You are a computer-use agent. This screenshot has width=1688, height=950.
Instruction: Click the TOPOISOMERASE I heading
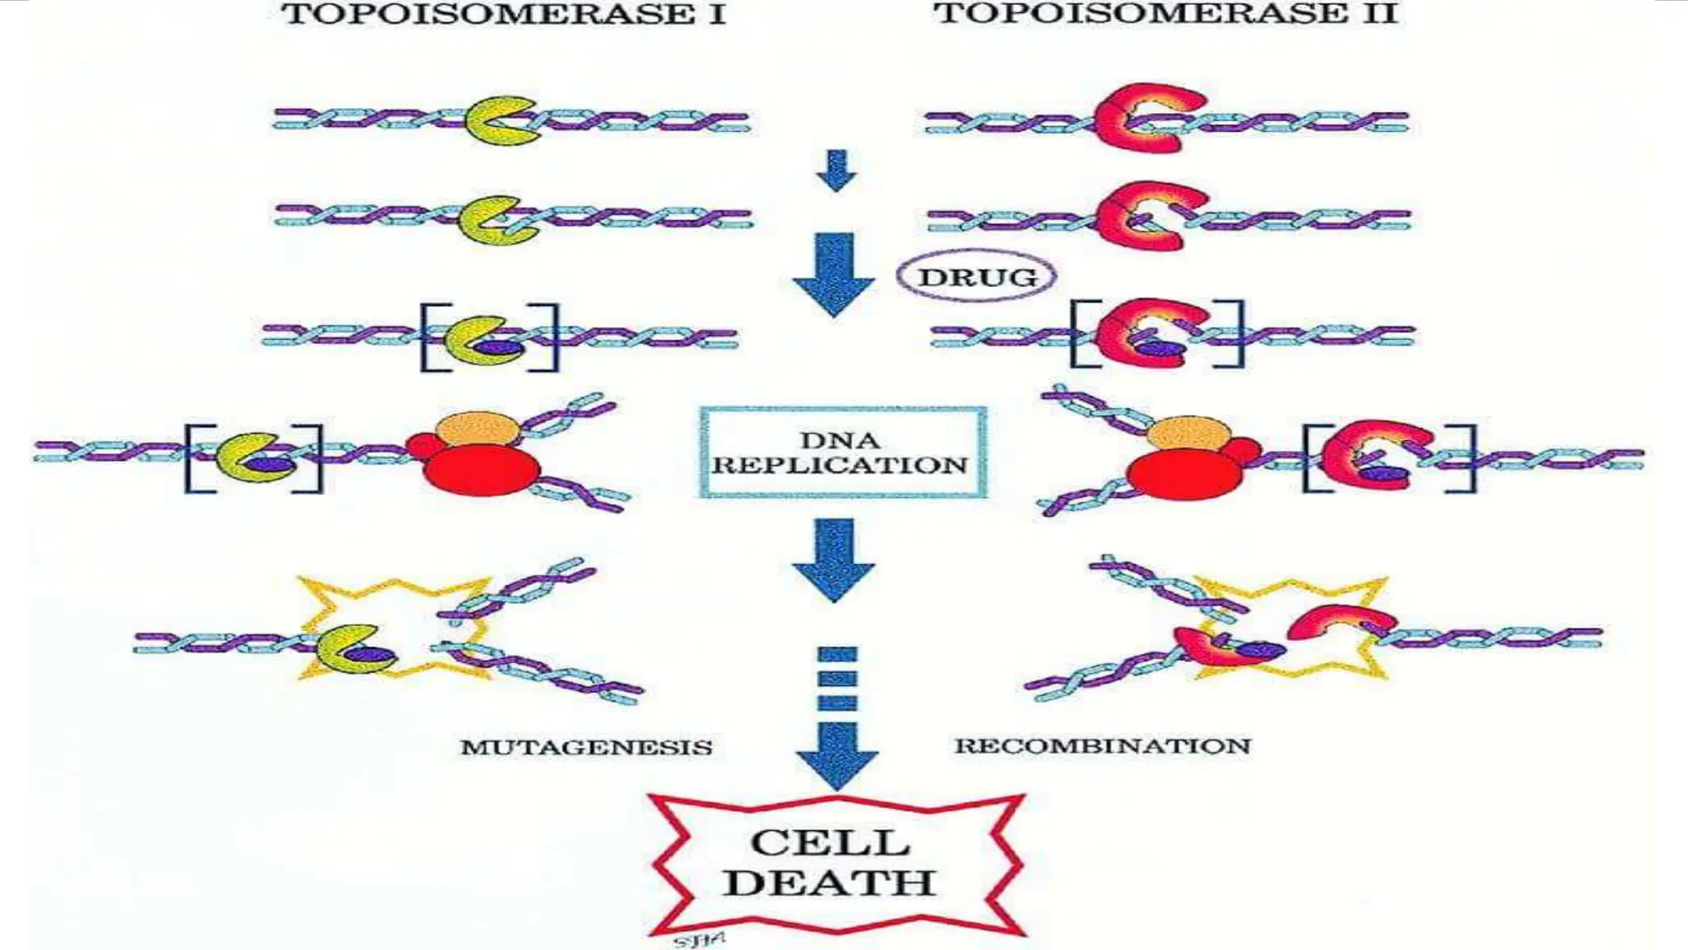pos(504,14)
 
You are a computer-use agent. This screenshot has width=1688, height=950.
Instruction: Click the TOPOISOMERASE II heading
pos(1165,13)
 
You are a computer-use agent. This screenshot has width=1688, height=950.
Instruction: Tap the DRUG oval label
pos(977,276)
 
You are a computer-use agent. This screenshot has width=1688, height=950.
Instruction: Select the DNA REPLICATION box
pos(842,453)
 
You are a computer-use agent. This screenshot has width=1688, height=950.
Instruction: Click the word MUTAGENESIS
pos(586,747)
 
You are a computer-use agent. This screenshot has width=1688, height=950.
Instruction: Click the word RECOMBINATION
pos(1102,745)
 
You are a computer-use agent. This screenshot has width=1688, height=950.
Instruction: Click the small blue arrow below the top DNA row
pos(837,170)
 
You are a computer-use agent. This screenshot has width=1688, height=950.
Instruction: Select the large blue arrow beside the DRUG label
pos(833,275)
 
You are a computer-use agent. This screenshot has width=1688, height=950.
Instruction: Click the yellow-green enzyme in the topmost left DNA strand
pos(497,120)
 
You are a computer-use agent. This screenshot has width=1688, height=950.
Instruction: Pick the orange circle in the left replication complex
pos(477,430)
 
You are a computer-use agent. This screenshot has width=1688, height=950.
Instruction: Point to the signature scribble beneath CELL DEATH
pos(699,939)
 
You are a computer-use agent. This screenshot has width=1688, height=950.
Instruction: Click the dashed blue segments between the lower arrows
pos(837,679)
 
